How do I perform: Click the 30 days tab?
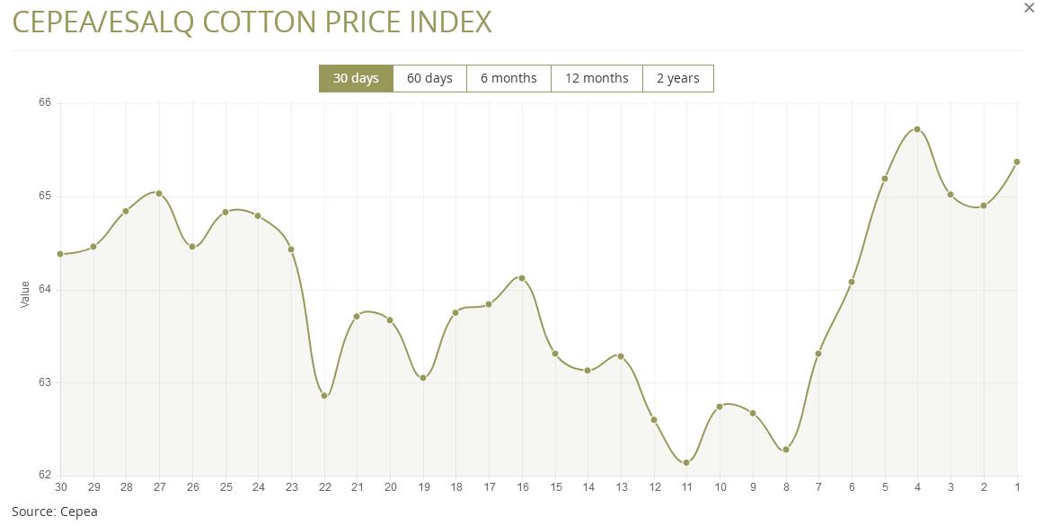pyautogui.click(x=356, y=78)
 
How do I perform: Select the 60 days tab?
pyautogui.click(x=429, y=78)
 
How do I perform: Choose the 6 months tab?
pyautogui.click(x=508, y=78)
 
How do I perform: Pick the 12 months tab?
pyautogui.click(x=597, y=78)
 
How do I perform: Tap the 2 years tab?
pyautogui.click(x=677, y=78)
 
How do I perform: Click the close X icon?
pyautogui.click(x=1030, y=8)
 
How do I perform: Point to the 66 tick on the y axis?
pyautogui.click(x=44, y=103)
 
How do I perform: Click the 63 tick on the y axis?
pyautogui.click(x=44, y=383)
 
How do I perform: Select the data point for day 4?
pyautogui.click(x=917, y=129)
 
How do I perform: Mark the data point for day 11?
pyautogui.click(x=686, y=463)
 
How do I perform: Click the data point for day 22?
pyautogui.click(x=324, y=396)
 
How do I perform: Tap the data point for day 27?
pyautogui.click(x=159, y=194)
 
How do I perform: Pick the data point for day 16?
pyautogui.click(x=522, y=278)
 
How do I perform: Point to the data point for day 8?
pyautogui.click(x=786, y=450)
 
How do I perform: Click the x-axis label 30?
pyautogui.click(x=60, y=487)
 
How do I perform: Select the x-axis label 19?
pyautogui.click(x=423, y=487)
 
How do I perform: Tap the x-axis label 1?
pyautogui.click(x=1017, y=487)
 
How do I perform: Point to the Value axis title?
pyautogui.click(x=25, y=294)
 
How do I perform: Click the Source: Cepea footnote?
pyautogui.click(x=54, y=512)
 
